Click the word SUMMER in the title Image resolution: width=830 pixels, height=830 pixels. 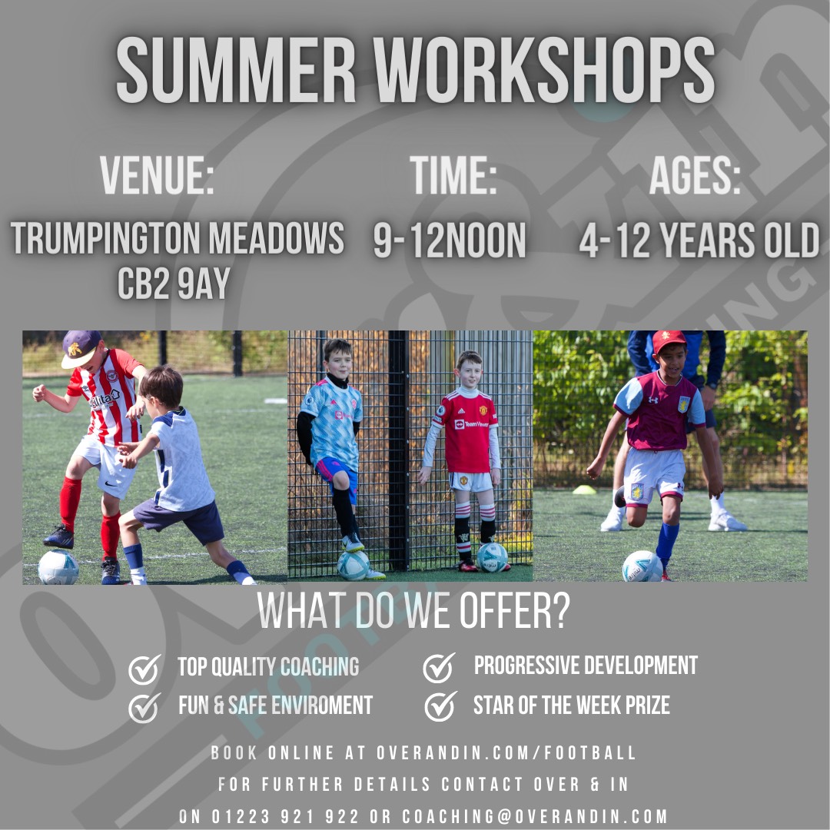coord(237,71)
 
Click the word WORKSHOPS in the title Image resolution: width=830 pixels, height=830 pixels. coord(544,71)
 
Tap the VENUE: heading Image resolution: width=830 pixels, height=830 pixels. coord(157,175)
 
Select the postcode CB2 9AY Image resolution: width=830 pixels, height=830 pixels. coord(174,283)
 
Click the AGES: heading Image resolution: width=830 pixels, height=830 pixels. coord(695,175)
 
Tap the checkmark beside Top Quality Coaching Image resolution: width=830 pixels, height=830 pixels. coord(144,669)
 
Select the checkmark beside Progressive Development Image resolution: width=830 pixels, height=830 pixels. coord(439,667)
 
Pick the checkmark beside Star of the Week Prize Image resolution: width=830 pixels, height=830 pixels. coord(440,705)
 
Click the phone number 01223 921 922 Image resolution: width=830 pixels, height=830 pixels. coord(283,816)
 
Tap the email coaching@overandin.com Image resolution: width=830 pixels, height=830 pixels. coord(535,816)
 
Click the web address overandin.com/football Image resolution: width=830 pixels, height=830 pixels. coord(507,753)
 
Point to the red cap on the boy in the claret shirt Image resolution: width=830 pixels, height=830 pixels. coord(668,341)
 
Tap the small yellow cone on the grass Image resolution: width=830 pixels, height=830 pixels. coord(585,490)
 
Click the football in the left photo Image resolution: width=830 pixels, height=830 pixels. coord(58,567)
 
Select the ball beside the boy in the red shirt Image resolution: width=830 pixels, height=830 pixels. coord(492,557)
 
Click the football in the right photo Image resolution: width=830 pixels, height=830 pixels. coord(642,566)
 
